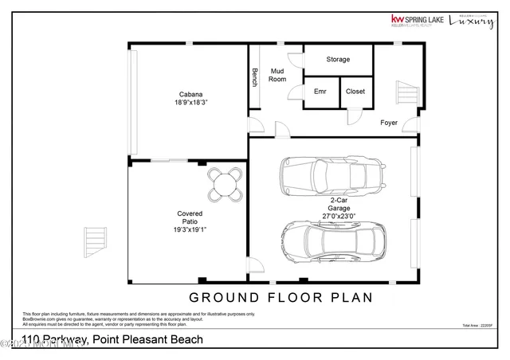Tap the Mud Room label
point(277,75)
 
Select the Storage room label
point(338,60)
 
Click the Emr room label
point(320,92)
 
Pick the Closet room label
point(355,92)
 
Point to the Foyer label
point(389,123)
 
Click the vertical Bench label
point(255,78)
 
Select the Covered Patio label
point(190,219)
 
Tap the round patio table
point(226,186)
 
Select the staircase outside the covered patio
point(95,237)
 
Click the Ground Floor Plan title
point(280,298)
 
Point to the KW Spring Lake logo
point(416,21)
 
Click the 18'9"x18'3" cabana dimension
point(189,103)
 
